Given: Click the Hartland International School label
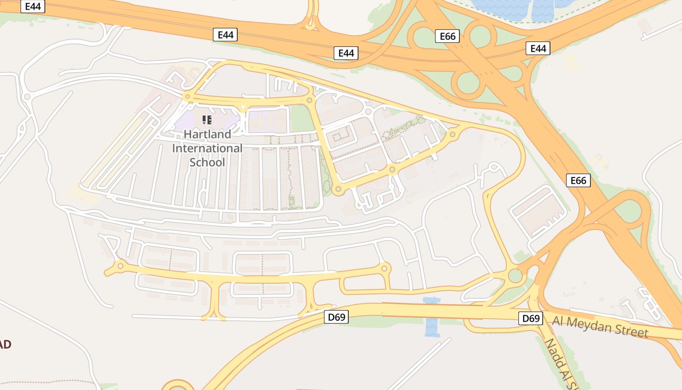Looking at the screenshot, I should (x=207, y=148).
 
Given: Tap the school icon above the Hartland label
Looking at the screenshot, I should (x=207, y=119).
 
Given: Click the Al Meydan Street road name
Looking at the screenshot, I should (x=600, y=326).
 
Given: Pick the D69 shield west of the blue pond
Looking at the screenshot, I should (x=336, y=317).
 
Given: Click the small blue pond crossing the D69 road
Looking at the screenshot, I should (x=432, y=317).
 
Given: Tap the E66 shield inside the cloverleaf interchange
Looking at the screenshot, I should (x=447, y=36).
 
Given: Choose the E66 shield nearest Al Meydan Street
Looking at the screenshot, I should (x=578, y=180).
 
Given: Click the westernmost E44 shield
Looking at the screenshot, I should (x=33, y=6).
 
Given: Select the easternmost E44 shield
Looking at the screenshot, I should (x=538, y=48).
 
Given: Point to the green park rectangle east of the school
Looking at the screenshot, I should (x=302, y=118).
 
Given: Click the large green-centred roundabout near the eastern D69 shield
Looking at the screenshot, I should (x=515, y=276).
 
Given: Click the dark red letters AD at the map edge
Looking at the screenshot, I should (x=5, y=344).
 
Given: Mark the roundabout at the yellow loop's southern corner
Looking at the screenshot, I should (x=337, y=189).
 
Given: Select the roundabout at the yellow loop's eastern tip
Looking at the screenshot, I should (x=453, y=134).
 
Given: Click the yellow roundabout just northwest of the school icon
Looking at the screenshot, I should (x=188, y=97).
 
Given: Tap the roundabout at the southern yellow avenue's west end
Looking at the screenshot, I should (x=120, y=266).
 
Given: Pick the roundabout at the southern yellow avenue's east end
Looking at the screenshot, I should (x=384, y=268).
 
